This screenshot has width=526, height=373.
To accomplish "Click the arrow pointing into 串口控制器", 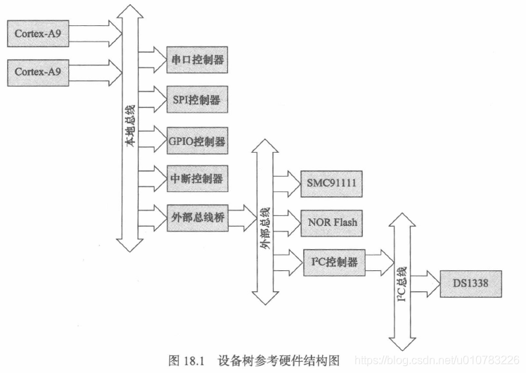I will pos(151,60).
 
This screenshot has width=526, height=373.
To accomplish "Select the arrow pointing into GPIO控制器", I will pos(151,140).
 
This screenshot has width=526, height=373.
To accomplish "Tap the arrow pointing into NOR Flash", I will pos(287,223).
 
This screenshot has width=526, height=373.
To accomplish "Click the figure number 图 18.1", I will pos(186,361).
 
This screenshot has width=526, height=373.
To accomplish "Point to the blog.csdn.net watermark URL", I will pos(436,361).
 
